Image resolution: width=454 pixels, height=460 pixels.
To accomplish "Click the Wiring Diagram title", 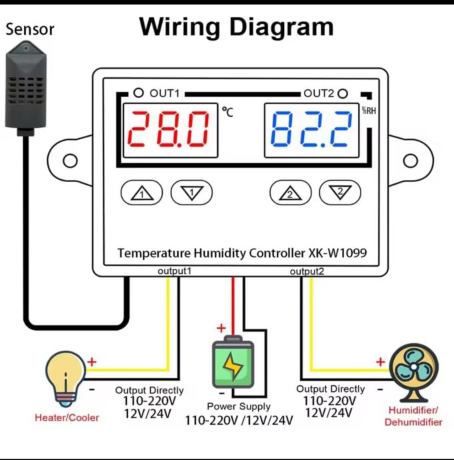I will pos(236,27).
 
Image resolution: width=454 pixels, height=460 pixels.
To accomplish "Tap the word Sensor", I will pos(30,29).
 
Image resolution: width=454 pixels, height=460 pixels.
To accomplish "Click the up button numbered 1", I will pos(141,193).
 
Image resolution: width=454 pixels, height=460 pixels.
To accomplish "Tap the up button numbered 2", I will pos(290,193).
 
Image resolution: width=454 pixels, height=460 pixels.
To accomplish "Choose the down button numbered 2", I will pos(339,193).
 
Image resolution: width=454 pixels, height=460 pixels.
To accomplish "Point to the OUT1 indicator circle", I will pos(139,93).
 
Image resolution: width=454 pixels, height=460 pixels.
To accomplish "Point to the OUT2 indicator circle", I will pos(343,93).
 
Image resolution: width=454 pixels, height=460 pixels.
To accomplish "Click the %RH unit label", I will pos(369,111).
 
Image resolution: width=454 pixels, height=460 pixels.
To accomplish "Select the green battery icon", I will pos(233,364).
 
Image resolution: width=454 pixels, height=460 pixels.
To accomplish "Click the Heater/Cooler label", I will pos(67,418).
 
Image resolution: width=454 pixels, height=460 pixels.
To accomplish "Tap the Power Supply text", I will pos(238,406).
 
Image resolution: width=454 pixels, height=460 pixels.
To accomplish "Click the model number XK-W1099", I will pos(337,253).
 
